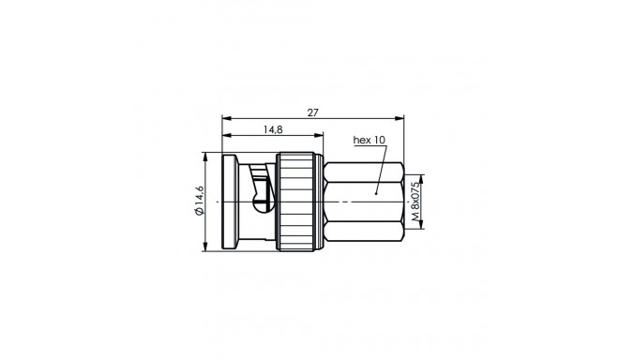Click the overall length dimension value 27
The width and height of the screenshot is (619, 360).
[x=313, y=112]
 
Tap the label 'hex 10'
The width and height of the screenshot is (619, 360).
[x=369, y=141]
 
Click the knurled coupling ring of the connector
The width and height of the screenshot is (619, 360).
[x=300, y=202]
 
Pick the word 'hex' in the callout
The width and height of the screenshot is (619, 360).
[x=361, y=141]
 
